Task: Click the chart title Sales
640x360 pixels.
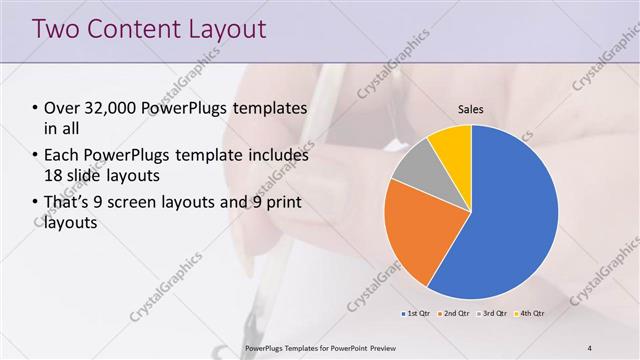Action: pyautogui.click(x=471, y=109)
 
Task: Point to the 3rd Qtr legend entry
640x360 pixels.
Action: pyautogui.click(x=492, y=314)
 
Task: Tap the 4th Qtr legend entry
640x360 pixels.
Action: pyautogui.click(x=530, y=314)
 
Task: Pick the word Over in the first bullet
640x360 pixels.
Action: pyautogui.click(x=62, y=108)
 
